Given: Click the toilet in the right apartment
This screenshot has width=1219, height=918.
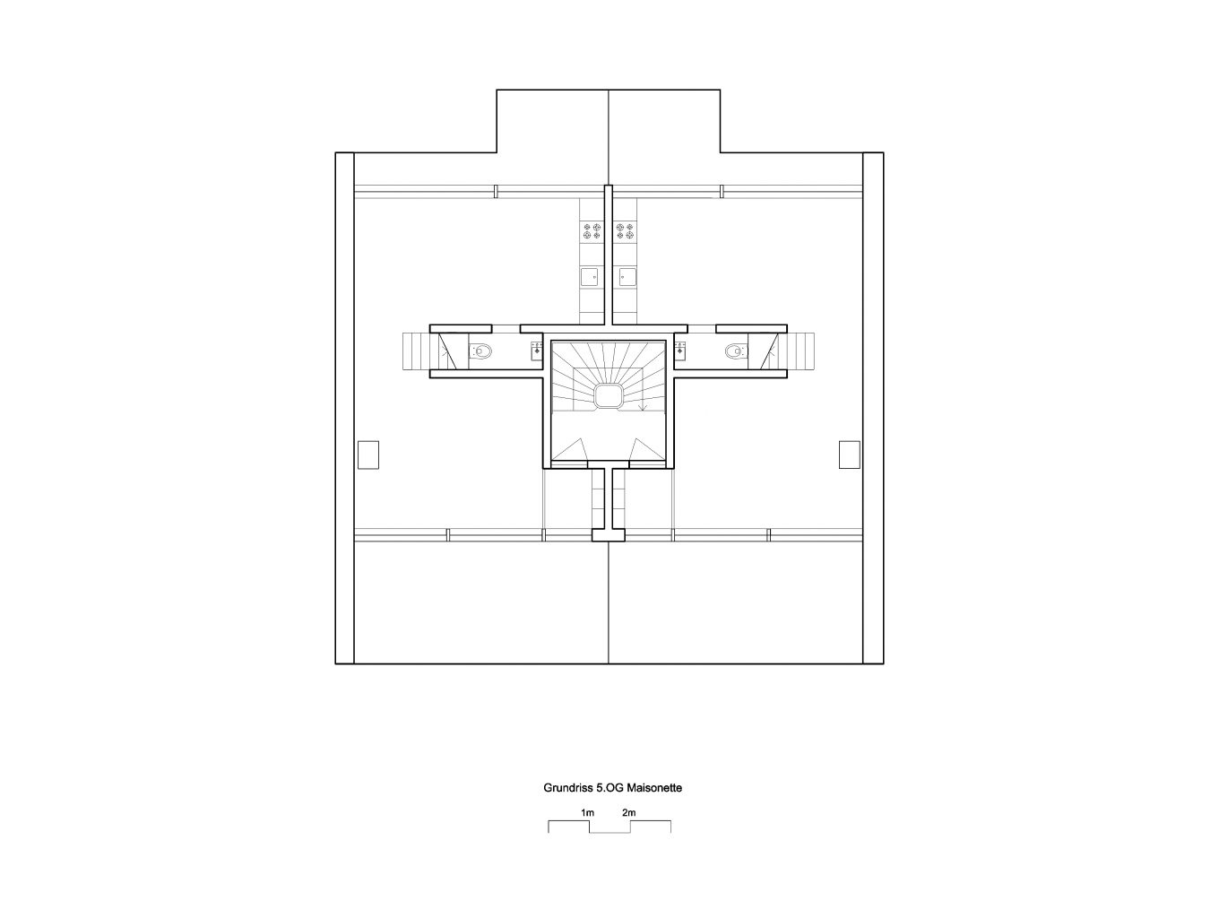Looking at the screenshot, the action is tap(737, 351).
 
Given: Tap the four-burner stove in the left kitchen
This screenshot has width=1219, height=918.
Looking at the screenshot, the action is tap(592, 230).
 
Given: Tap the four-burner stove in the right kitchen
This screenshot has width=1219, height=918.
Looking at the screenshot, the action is tap(626, 230).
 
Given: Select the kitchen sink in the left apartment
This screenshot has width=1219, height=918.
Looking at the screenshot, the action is tap(591, 275).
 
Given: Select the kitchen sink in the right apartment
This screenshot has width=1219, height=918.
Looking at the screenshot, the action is tap(627, 275).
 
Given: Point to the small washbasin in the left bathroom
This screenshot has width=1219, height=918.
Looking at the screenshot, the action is tap(537, 351).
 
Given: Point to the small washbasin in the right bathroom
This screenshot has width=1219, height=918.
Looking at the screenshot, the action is tap(679, 351).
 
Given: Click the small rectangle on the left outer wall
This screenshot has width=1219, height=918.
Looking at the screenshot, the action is tap(367, 455).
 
